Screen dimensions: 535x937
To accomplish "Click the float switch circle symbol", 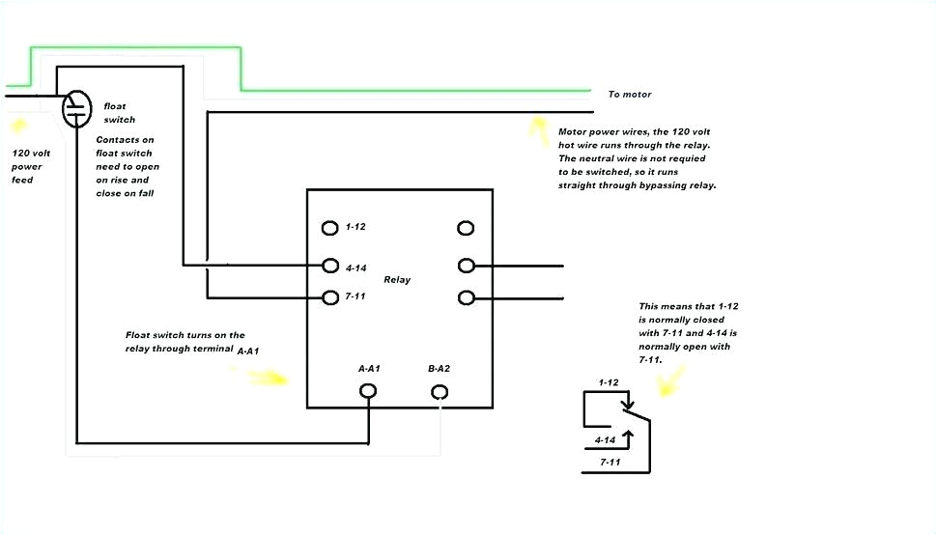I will (76, 108).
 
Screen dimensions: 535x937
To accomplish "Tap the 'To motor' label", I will (630, 95).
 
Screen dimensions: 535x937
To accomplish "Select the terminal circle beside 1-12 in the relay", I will (330, 228).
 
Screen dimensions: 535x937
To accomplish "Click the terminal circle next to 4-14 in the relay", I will (330, 266).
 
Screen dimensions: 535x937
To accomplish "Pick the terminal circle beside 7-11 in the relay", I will (330, 297).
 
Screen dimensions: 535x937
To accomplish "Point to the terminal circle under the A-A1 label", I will (368, 391).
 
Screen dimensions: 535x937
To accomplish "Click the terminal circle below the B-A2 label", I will (440, 391).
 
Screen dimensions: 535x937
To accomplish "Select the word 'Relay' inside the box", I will (397, 280).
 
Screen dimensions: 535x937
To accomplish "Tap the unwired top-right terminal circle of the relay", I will (466, 228).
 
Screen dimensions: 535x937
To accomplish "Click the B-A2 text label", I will (440, 369).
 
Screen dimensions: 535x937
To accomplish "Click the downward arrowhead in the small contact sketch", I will (629, 404).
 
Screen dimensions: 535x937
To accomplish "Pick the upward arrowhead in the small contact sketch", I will (629, 436).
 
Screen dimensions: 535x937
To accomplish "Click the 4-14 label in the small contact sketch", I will (606, 439).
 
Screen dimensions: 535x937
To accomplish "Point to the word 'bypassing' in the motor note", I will (661, 185).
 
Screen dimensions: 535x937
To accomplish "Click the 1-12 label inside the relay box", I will (355, 227).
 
